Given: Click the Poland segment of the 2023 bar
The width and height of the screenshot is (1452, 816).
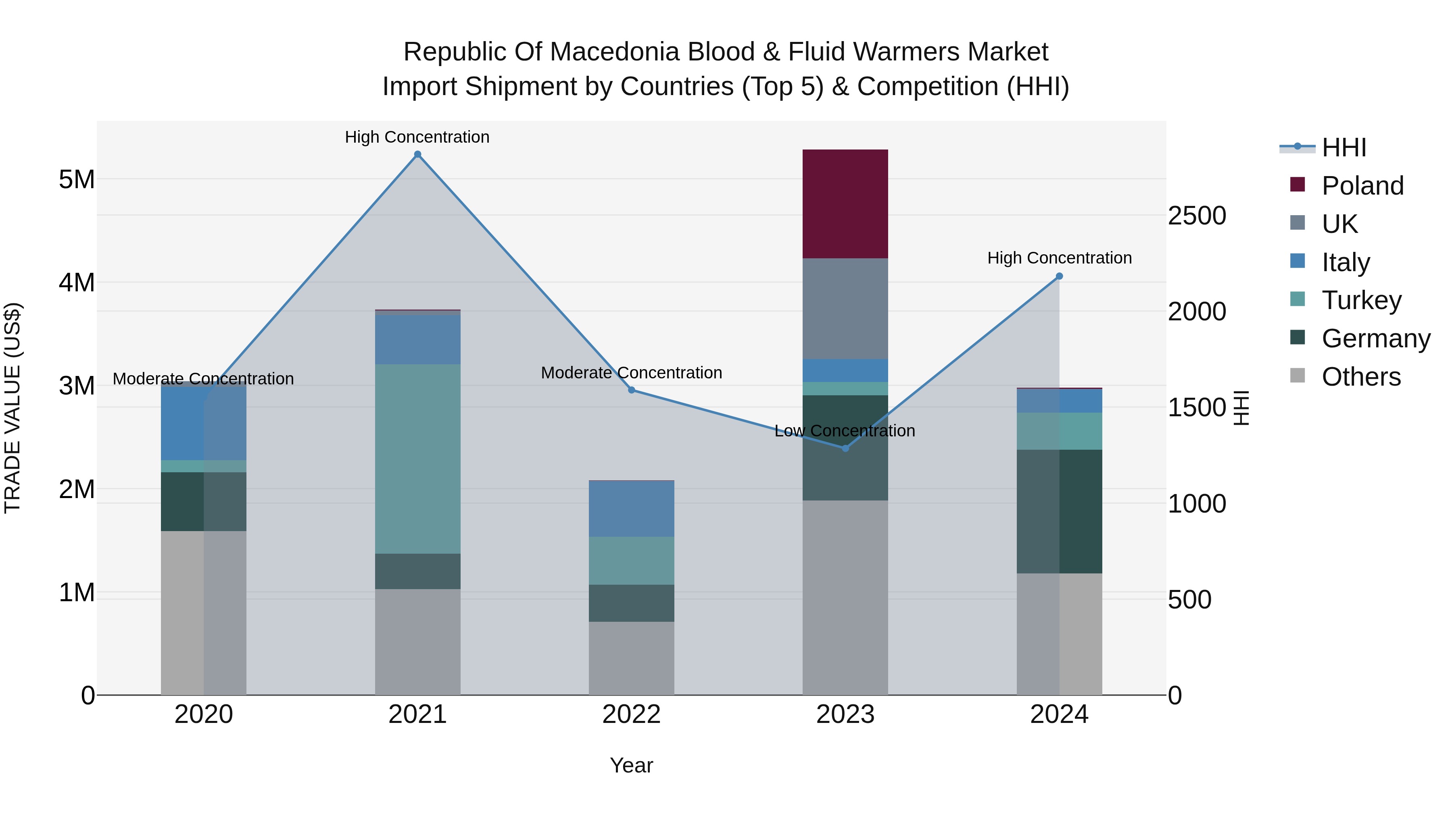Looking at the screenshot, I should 845,204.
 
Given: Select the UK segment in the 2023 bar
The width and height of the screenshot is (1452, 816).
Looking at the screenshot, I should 845,309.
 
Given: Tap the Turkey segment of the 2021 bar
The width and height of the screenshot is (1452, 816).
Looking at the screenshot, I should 418,459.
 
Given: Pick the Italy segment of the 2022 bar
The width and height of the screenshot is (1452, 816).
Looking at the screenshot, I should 631,509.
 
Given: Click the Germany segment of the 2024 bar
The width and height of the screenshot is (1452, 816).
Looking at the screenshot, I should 1059,511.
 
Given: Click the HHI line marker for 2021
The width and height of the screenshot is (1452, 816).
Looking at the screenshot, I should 418,154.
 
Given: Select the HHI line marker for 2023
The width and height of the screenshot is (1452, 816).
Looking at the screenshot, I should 845,448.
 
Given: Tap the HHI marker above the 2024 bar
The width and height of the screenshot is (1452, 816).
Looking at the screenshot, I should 1059,276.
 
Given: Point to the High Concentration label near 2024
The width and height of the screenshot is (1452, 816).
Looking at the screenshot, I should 1059,258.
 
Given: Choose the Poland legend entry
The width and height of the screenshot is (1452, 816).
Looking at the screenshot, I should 1362,186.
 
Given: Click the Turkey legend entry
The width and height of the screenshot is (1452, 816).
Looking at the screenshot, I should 1361,300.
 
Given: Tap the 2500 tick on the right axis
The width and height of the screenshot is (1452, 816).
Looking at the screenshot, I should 1197,216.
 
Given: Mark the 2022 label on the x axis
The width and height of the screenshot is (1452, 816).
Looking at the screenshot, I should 631,714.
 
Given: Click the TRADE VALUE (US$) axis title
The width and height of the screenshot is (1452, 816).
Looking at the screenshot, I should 13,408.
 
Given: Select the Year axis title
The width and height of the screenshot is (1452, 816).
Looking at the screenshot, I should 631,765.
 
